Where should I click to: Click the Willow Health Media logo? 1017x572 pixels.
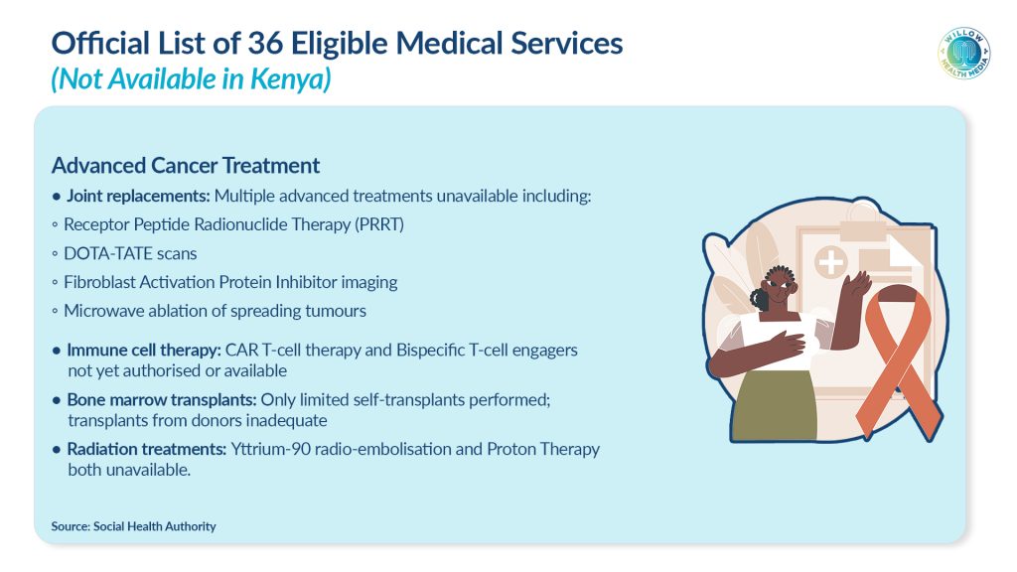964,54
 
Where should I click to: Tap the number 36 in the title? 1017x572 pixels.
265,44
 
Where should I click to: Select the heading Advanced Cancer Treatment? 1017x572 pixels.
186,166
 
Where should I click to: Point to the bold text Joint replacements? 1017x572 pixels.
138,196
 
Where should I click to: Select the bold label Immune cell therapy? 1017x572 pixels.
144,351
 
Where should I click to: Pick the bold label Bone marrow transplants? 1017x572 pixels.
162,399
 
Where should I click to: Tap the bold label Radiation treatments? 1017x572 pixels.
147,449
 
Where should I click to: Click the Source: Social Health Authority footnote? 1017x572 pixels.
134,526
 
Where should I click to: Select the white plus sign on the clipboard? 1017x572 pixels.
831,262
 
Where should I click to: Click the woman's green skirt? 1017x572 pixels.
776,405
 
